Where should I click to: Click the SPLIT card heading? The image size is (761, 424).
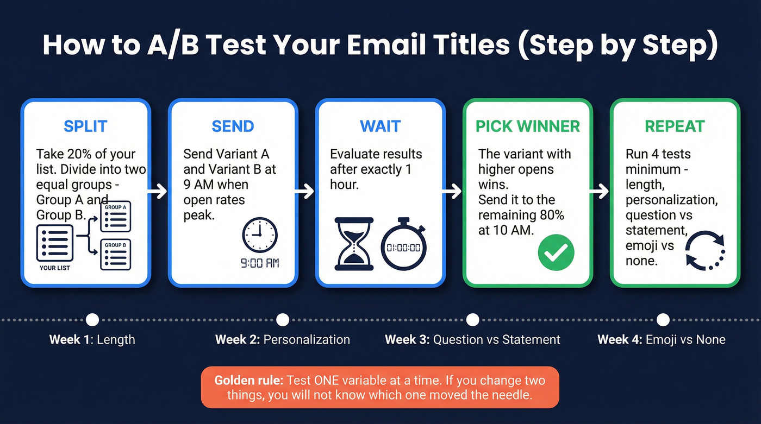pos(85,126)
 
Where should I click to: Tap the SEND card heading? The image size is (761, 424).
pos(233,126)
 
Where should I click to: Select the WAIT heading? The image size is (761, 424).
pos(380,126)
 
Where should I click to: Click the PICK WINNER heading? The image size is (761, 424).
pos(528,126)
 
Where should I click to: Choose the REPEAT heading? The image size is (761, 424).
pos(675,126)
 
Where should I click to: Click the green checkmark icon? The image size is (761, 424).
pos(556,251)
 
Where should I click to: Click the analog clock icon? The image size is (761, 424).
pos(259,236)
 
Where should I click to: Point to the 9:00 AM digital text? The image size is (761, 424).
pos(260,264)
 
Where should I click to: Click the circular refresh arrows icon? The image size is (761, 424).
pos(705,251)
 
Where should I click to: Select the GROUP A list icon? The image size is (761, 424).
pos(115,217)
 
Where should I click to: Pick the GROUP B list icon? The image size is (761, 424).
pos(115,255)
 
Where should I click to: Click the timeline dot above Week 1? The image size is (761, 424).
pos(92,319)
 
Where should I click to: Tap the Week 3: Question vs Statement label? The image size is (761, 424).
pos(472,340)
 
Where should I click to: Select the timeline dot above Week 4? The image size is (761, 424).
pos(663,319)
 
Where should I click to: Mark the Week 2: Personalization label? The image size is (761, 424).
pos(282,340)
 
